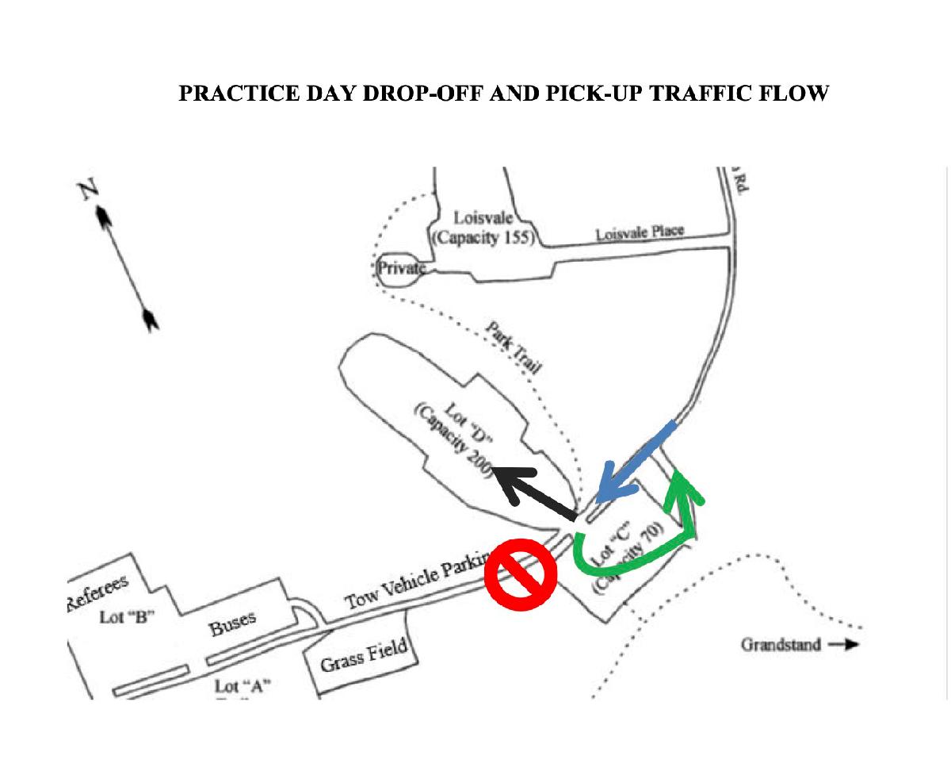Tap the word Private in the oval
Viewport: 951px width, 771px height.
click(401, 268)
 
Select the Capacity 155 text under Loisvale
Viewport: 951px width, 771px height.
click(483, 236)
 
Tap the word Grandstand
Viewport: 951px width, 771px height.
click(781, 644)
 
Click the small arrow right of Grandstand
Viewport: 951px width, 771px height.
click(845, 644)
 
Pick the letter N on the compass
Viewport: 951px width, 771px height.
click(88, 191)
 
